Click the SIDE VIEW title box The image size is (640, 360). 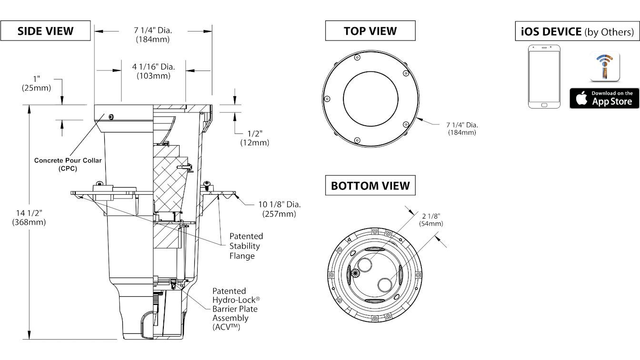point(45,30)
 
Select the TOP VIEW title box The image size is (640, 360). point(370,30)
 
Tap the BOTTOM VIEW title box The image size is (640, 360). point(370,185)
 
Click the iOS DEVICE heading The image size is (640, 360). point(577,31)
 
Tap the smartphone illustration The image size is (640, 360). point(544,77)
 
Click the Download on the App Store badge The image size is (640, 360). point(604,98)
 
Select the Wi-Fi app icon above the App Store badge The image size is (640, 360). point(605,67)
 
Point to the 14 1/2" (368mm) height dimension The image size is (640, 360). point(29,218)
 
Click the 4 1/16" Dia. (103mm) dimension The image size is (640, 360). point(153,71)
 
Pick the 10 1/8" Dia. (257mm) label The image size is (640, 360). point(279,209)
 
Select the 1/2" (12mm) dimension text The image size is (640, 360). point(255,138)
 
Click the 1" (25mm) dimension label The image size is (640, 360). point(36,83)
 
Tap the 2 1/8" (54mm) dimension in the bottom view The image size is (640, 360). point(431,220)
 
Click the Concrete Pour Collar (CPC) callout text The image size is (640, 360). point(68,164)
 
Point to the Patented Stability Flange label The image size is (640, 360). point(246,246)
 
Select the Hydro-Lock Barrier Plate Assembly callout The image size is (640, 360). point(236,309)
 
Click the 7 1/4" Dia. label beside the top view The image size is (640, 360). point(462,129)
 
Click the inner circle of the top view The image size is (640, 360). point(370,71)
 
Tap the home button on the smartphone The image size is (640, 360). point(544,105)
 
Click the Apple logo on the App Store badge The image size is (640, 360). point(581,98)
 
